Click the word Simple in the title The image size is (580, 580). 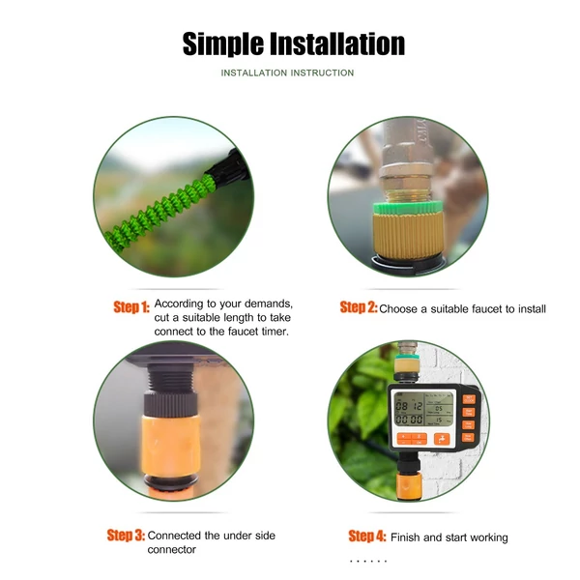pyautogui.click(x=222, y=44)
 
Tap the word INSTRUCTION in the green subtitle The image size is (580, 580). pyautogui.click(x=322, y=72)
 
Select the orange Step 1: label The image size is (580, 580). pyautogui.click(x=131, y=307)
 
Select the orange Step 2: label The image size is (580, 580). pyautogui.click(x=359, y=307)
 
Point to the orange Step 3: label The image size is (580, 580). pyautogui.click(x=126, y=535)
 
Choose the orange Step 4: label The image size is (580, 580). pyautogui.click(x=367, y=536)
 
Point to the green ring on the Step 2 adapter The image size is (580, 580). pyautogui.click(x=407, y=208)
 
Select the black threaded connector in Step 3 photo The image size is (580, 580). pyautogui.click(x=171, y=390)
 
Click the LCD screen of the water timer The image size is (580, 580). pyautogui.click(x=424, y=409)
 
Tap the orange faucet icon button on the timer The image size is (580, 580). pyautogui.click(x=442, y=439)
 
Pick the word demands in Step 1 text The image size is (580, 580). pyautogui.click(x=269, y=304)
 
